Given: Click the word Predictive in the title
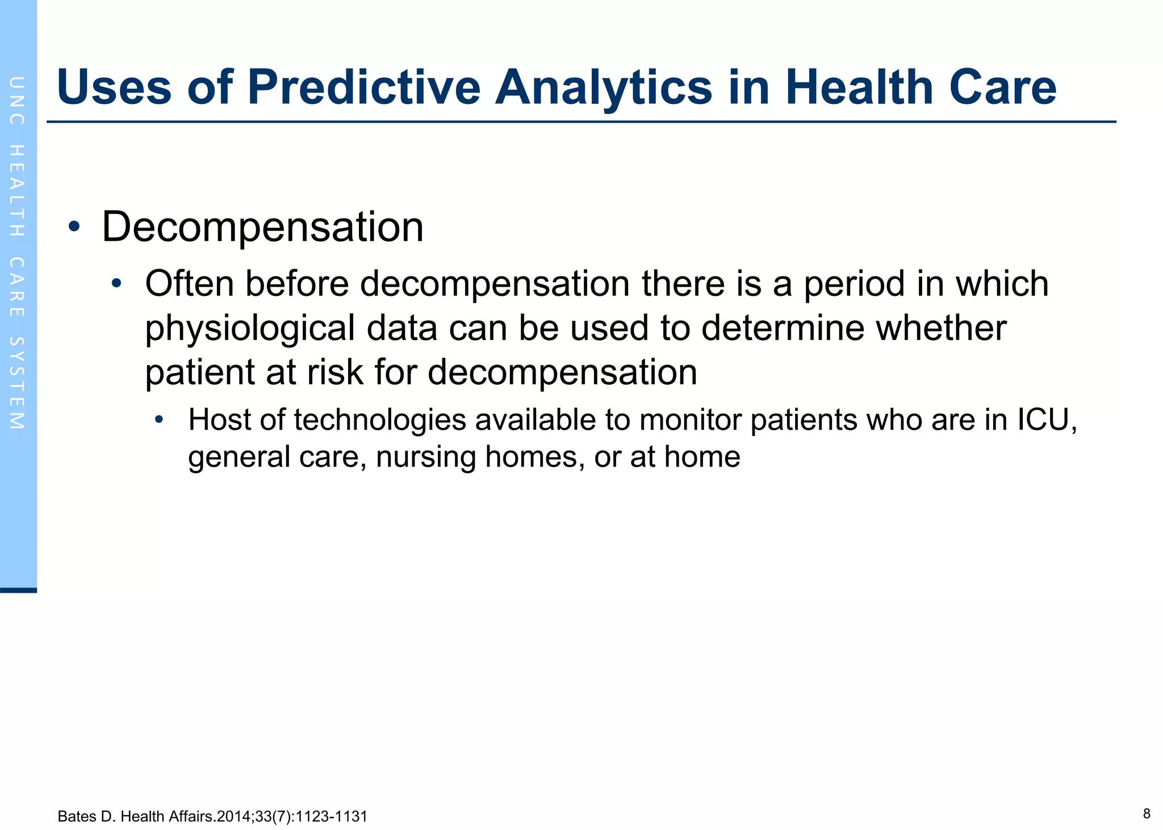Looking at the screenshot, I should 363,88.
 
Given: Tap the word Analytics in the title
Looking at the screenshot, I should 603,88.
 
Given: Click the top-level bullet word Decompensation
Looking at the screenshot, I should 262,227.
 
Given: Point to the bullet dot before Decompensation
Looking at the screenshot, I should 74,227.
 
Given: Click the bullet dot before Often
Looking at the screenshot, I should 116,283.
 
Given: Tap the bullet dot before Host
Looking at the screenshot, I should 159,420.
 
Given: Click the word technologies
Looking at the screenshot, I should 380,421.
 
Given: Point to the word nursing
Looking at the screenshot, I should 425,456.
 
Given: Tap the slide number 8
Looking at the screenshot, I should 1146,814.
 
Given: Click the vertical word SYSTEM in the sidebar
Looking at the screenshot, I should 17,383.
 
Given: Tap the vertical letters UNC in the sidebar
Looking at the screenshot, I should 17,100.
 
